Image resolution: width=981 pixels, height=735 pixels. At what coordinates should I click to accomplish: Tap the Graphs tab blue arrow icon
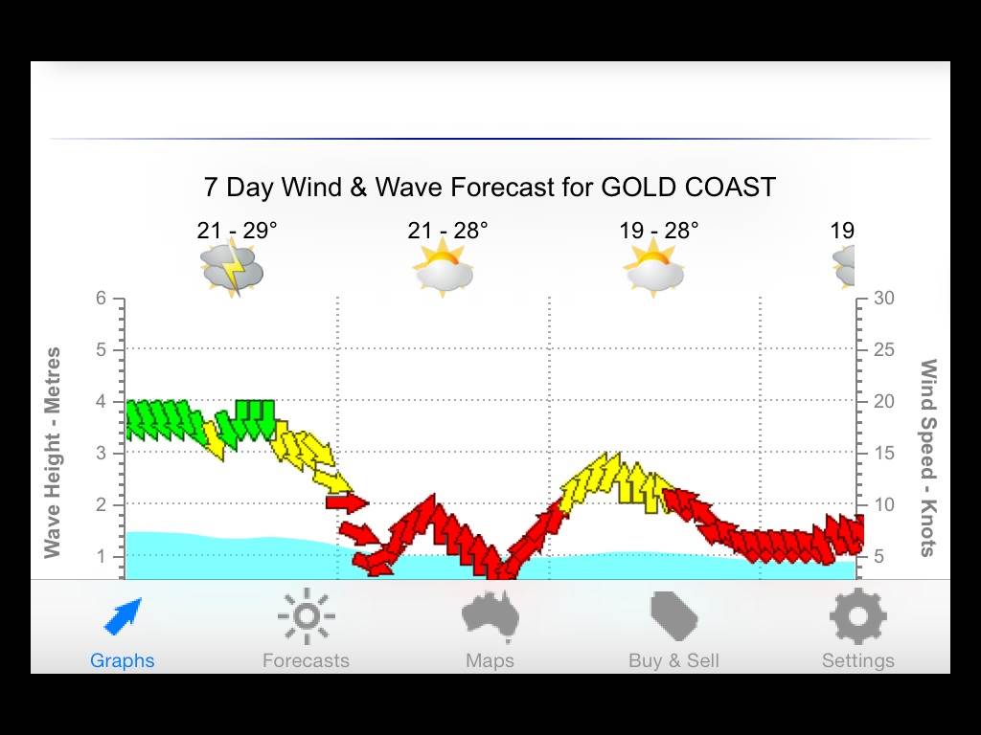click(x=123, y=617)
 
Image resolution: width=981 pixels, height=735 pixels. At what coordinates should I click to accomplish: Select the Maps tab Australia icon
click(x=490, y=617)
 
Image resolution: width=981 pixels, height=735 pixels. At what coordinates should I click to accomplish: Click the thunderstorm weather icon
click(x=232, y=269)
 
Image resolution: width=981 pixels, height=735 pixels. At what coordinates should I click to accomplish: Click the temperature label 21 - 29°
click(x=237, y=231)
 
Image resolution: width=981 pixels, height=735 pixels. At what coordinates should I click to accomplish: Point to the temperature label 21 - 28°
click(x=447, y=231)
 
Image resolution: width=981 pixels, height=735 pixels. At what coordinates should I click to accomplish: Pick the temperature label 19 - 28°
click(x=658, y=231)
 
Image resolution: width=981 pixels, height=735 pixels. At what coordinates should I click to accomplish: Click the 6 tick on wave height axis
click(x=101, y=299)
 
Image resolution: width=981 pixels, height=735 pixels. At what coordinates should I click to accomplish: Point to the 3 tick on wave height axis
click(x=101, y=454)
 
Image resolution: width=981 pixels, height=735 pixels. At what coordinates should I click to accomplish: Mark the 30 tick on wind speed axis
click(x=884, y=299)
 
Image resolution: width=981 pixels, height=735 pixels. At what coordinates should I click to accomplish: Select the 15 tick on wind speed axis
click(x=883, y=454)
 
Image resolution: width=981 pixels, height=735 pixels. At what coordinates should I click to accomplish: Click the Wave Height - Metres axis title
click(x=53, y=452)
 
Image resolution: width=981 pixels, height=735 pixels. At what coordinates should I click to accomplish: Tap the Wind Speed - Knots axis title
click(x=927, y=457)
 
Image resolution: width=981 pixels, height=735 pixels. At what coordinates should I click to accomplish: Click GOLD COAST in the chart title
click(x=688, y=187)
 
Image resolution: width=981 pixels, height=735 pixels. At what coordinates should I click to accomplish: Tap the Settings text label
click(x=857, y=660)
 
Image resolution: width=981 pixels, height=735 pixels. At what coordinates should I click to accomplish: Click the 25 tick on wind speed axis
click(x=884, y=350)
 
